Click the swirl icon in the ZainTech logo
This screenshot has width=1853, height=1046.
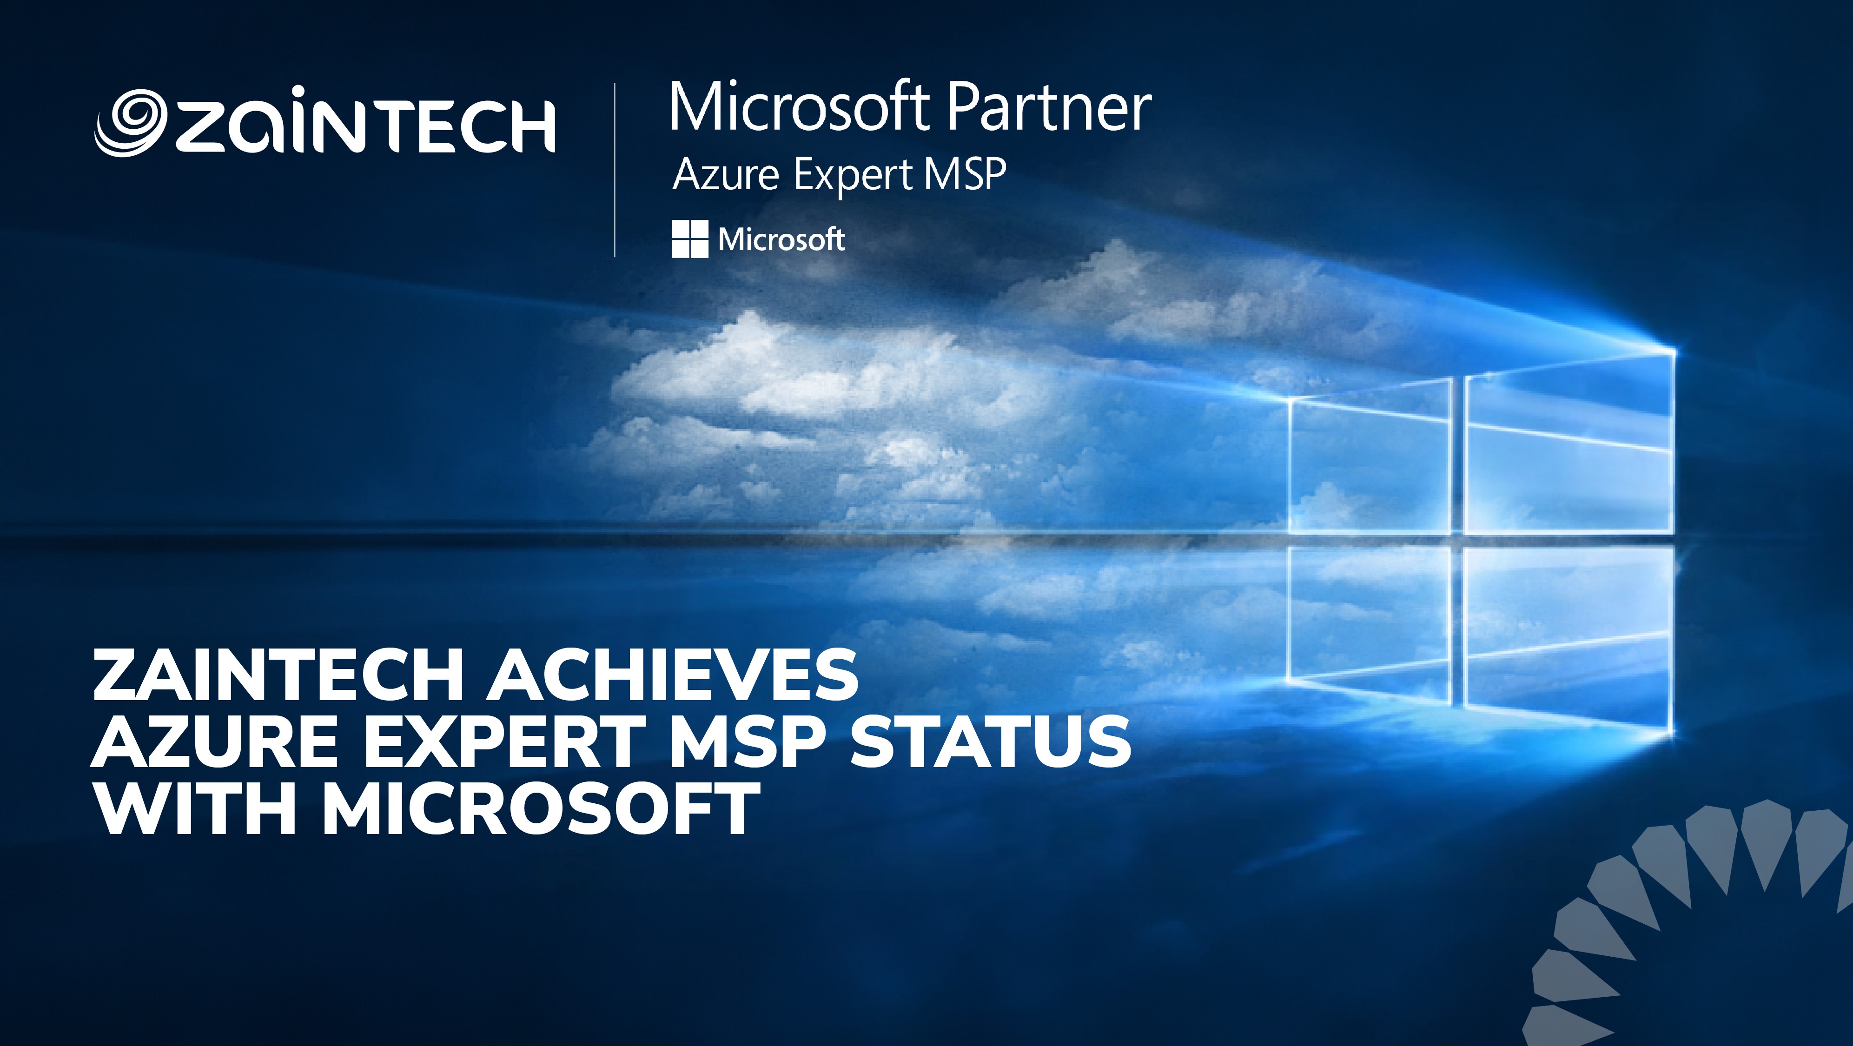click(131, 122)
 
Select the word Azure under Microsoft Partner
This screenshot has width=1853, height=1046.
click(725, 175)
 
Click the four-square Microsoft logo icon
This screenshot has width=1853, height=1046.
click(689, 239)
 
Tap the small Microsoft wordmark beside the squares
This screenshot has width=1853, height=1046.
click(781, 239)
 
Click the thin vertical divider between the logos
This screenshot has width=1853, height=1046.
click(615, 170)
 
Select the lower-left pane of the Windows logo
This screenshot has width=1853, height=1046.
click(1369, 622)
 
